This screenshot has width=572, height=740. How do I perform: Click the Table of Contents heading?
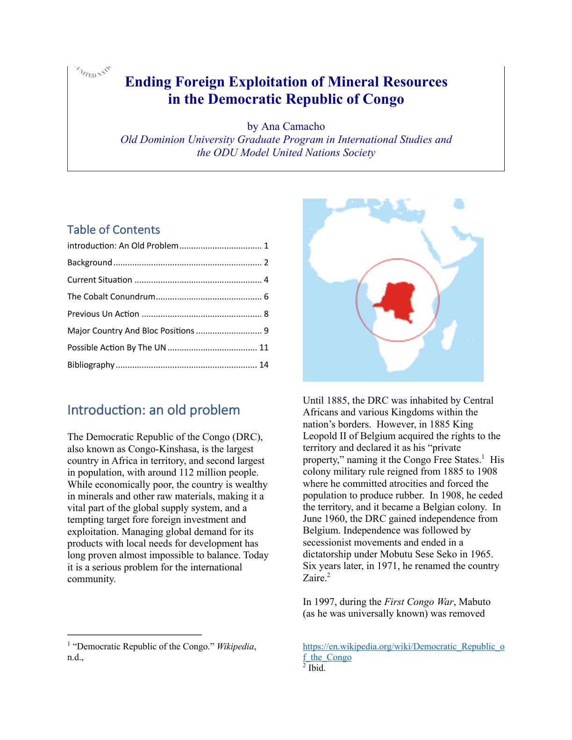coord(114,230)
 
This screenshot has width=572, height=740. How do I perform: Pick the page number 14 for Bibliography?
coord(264,365)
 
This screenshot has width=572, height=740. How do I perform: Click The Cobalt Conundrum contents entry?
coord(111,297)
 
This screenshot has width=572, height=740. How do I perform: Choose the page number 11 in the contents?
coord(264,348)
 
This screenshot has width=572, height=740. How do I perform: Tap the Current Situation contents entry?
coord(100,280)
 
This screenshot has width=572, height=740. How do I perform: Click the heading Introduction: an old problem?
coord(153,410)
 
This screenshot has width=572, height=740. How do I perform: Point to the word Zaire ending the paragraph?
coord(314,578)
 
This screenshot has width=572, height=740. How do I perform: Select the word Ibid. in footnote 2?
coord(317,668)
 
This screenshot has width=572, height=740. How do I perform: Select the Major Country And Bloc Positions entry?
coord(131,331)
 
